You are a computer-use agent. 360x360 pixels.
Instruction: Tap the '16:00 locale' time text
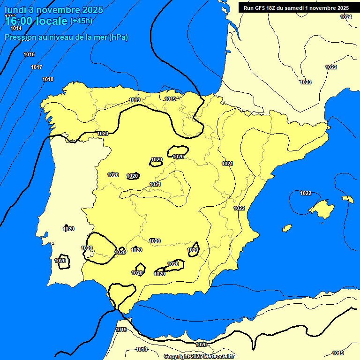point(36,21)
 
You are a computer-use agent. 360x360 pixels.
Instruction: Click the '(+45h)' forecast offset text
point(81,21)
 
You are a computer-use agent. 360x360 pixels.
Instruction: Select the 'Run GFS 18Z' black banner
point(296,8)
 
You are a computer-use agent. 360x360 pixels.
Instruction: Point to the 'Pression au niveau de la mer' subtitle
point(66,37)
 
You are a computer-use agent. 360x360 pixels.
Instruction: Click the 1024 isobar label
point(346,17)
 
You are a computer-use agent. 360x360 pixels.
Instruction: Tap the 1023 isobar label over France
point(306,82)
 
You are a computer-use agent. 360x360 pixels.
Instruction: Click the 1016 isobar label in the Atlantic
point(29,55)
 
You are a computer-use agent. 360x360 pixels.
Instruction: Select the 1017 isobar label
point(37,67)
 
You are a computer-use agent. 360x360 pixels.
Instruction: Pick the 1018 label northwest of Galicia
point(48,79)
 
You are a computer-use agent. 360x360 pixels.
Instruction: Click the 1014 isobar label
point(16,29)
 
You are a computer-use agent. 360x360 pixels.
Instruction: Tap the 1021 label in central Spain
point(156,184)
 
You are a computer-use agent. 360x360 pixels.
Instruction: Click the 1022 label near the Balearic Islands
point(306,193)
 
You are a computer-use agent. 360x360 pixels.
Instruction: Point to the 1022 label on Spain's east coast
point(239,208)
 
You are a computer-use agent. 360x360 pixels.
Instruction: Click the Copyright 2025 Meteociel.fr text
point(199,357)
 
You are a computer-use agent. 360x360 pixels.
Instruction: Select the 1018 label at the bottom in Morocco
point(142,349)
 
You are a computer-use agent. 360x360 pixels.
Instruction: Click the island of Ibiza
point(287,228)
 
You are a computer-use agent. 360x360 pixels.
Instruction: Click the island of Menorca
point(347,199)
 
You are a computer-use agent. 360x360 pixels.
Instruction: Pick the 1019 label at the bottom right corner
point(338,353)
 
